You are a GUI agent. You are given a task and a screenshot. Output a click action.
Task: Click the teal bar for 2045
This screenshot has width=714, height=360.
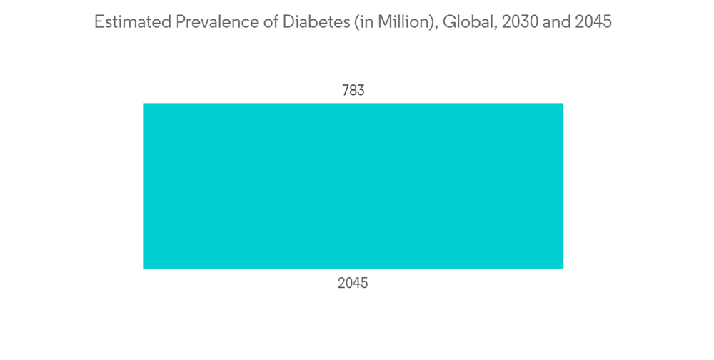pos(353,186)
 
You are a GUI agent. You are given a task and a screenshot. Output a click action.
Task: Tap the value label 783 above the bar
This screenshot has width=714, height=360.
pos(353,91)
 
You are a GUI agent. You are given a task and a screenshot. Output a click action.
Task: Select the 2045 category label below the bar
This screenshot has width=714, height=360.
pos(353,284)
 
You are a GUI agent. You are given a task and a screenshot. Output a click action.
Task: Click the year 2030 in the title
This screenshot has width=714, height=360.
pos(516,22)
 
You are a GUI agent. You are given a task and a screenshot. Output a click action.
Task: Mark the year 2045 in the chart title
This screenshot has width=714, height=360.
pos(593,22)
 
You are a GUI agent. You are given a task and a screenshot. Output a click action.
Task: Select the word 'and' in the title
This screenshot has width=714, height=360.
pos(555,22)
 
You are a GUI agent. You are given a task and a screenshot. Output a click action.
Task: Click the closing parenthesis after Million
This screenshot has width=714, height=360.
pos(432,22)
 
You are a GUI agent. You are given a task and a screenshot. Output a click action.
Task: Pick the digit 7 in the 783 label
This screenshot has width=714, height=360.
pos(345,91)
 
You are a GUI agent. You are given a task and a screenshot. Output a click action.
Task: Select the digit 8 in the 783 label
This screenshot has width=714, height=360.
pos(353,91)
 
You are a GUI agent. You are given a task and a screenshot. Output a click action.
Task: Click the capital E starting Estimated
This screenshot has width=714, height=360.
pos(99,22)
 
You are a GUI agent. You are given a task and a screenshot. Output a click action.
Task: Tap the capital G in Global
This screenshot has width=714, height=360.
pos(447,22)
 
